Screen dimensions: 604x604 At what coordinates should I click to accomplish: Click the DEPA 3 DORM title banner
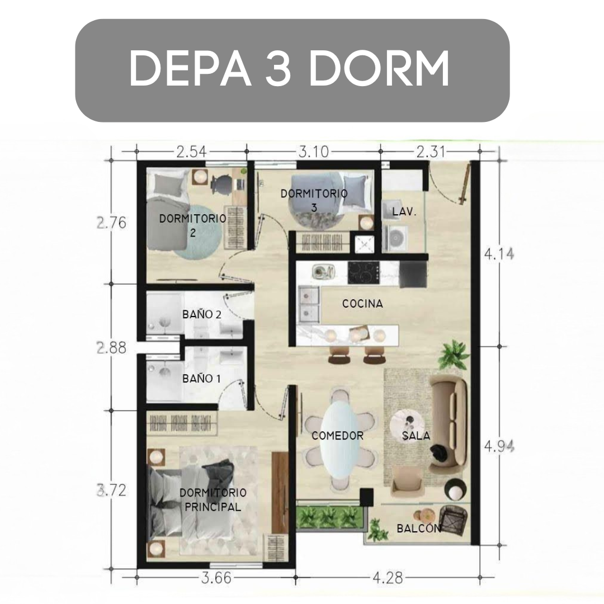(x=292, y=70)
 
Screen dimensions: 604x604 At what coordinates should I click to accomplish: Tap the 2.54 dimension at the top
(x=191, y=152)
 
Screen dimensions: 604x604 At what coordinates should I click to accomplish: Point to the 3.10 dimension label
(x=314, y=152)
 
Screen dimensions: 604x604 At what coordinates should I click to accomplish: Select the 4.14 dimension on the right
(x=499, y=254)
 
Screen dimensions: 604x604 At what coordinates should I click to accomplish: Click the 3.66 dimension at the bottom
(x=216, y=578)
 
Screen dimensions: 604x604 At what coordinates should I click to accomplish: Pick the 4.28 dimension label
(x=388, y=578)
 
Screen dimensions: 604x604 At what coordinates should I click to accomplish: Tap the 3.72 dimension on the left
(x=111, y=490)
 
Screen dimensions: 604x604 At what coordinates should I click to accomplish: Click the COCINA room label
(x=362, y=304)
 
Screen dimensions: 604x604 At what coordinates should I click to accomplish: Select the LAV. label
(x=404, y=211)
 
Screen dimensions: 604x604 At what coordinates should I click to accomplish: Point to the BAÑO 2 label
(x=202, y=314)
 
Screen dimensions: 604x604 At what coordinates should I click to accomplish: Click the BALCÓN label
(x=419, y=528)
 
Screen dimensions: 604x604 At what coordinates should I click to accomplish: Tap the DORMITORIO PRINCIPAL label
(x=213, y=499)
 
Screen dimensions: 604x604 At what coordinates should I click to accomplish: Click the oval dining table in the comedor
(x=341, y=439)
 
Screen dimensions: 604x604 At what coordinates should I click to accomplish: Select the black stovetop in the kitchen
(x=364, y=273)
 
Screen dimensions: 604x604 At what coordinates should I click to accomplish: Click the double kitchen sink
(x=309, y=304)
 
